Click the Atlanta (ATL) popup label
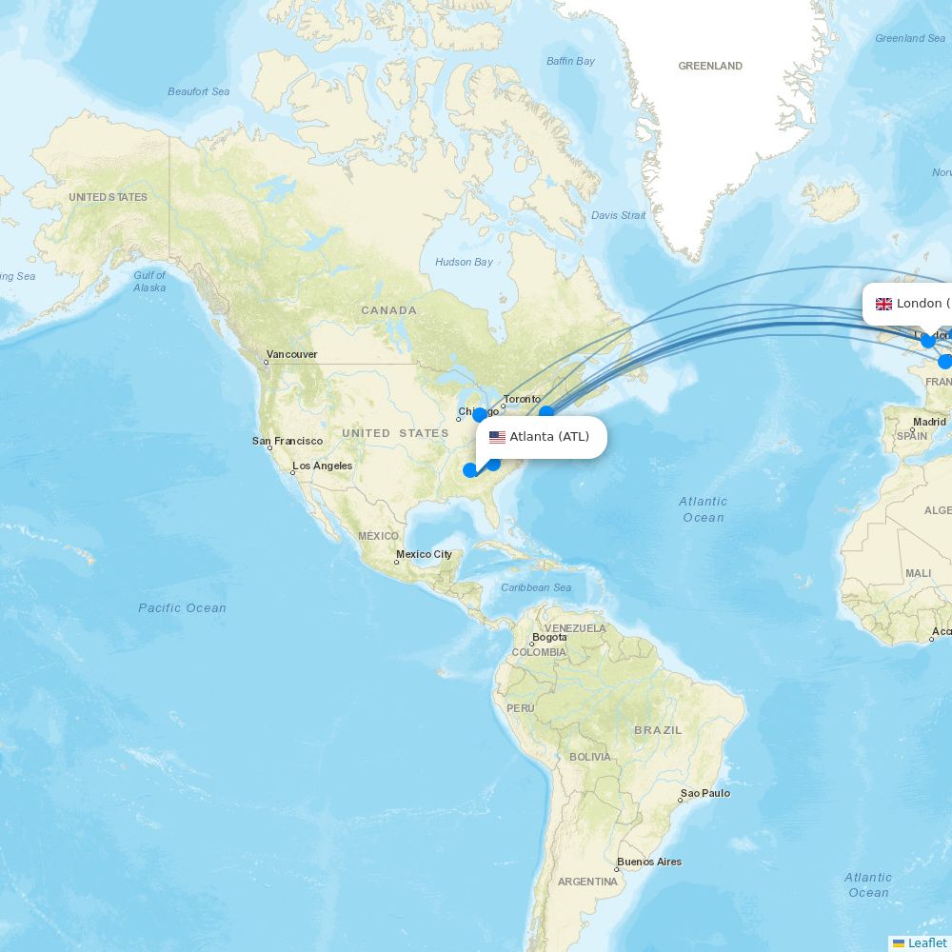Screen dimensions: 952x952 click(x=549, y=437)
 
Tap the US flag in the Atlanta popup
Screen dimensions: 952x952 click(x=497, y=438)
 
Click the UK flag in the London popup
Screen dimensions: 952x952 click(x=883, y=304)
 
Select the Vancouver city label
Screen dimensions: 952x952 click(x=291, y=354)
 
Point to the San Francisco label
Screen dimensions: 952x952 click(x=288, y=441)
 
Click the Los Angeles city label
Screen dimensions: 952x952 click(x=322, y=466)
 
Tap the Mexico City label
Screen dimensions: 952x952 click(x=424, y=554)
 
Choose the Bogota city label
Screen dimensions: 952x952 click(x=549, y=638)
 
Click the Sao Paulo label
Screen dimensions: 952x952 click(x=704, y=793)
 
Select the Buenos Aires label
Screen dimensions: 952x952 click(x=649, y=862)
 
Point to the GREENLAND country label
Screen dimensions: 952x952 click(x=709, y=66)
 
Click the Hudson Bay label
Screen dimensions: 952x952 click(x=464, y=262)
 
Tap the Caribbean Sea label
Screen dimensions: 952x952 click(x=536, y=587)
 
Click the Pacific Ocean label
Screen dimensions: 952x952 click(x=182, y=607)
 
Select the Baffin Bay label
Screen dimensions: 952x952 click(x=570, y=61)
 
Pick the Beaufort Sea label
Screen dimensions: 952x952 click(x=198, y=91)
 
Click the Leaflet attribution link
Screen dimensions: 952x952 click(x=926, y=942)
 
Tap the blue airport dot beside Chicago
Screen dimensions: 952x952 click(x=480, y=414)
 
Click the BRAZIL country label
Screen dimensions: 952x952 click(x=658, y=730)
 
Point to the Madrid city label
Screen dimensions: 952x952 click(x=929, y=422)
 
